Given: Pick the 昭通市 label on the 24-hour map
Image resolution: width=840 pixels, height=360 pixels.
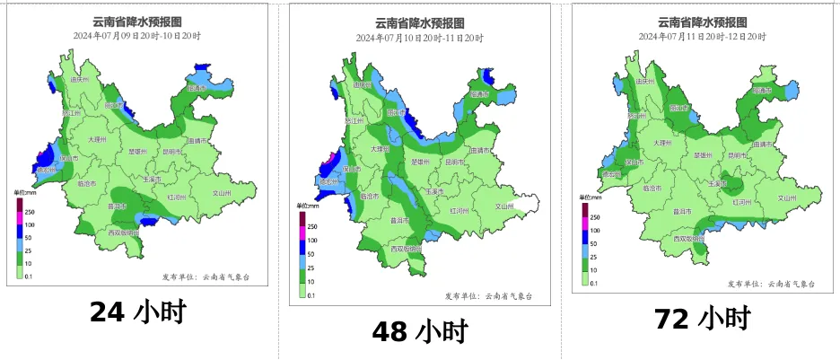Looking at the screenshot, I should click(202, 89).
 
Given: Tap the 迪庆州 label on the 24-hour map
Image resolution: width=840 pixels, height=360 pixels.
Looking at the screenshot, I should click(81, 80).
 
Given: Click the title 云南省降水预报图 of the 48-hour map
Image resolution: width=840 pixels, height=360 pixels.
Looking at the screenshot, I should click(419, 24).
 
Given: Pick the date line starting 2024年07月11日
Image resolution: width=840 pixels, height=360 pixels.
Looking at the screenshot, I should click(702, 36).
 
